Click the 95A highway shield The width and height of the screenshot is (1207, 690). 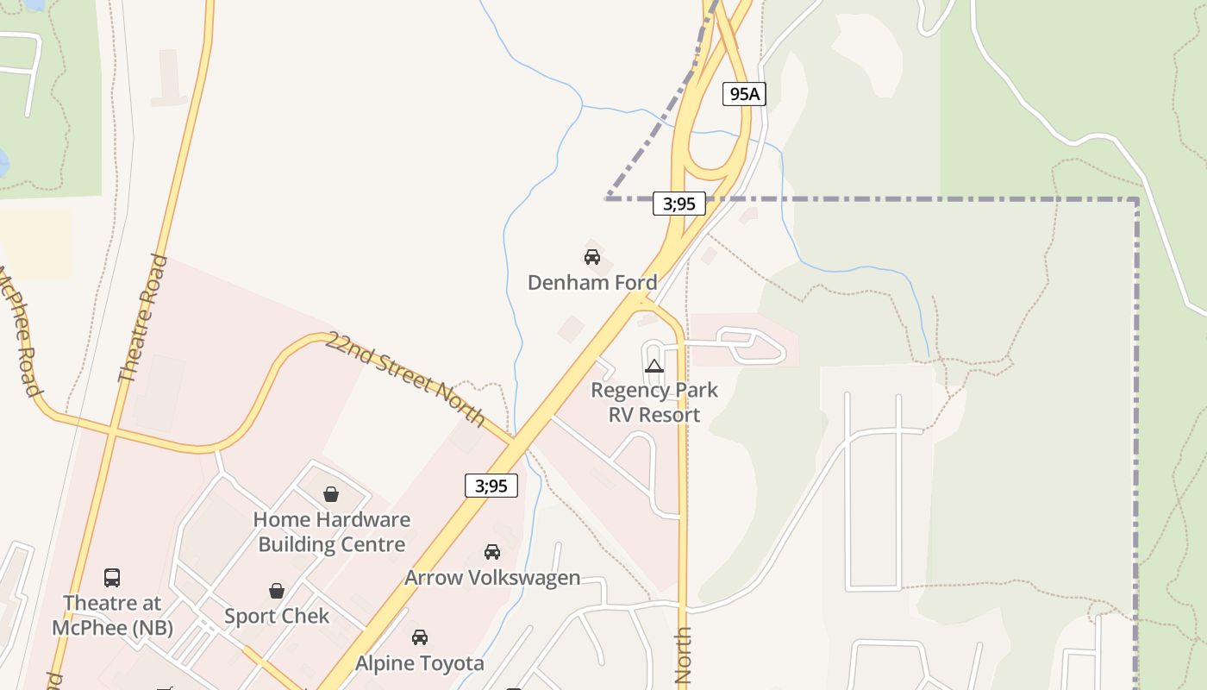click(x=744, y=94)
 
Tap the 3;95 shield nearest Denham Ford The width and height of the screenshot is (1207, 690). click(x=679, y=204)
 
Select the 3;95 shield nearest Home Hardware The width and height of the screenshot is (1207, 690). click(x=491, y=486)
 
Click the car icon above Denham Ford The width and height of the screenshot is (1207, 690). click(x=592, y=257)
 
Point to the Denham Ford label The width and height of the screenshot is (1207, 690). click(x=592, y=282)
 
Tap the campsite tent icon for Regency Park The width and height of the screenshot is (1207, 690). click(x=654, y=366)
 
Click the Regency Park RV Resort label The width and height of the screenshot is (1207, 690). click(x=654, y=402)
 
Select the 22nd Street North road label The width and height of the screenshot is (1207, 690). click(x=405, y=378)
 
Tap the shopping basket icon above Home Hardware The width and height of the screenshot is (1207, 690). click(x=331, y=494)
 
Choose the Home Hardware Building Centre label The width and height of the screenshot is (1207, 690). click(x=332, y=532)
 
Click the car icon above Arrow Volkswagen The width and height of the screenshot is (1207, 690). click(x=492, y=552)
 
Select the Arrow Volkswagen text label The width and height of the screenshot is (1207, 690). click(x=492, y=577)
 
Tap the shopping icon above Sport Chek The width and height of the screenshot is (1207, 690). click(x=277, y=591)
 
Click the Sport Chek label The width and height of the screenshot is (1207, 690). click(x=277, y=616)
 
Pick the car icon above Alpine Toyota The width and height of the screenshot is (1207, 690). click(x=420, y=637)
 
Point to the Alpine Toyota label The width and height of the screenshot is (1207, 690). click(x=420, y=663)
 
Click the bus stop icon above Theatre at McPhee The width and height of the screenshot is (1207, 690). click(x=112, y=578)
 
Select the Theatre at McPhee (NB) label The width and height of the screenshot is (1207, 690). click(x=112, y=615)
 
